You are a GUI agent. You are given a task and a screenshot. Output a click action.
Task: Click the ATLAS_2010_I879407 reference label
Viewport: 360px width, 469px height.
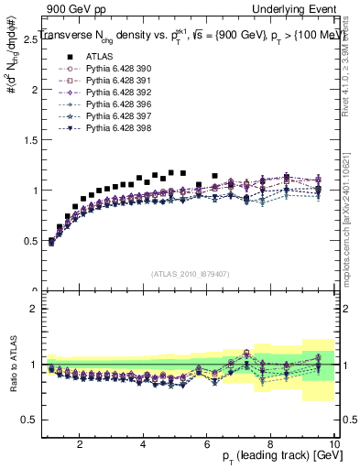point(189,274)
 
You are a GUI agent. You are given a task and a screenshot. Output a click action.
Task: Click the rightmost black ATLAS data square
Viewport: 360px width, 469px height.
point(214,176)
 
